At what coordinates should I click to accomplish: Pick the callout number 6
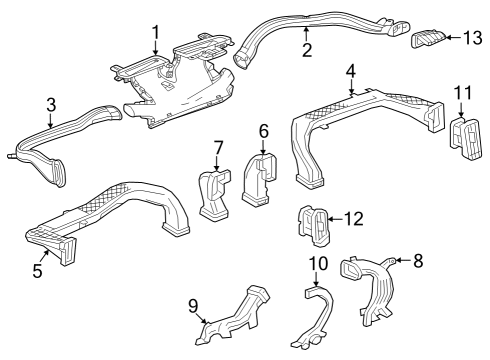(264, 130)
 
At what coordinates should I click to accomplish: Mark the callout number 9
(193, 305)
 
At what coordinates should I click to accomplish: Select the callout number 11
(460, 93)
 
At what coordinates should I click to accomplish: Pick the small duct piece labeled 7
(215, 192)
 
